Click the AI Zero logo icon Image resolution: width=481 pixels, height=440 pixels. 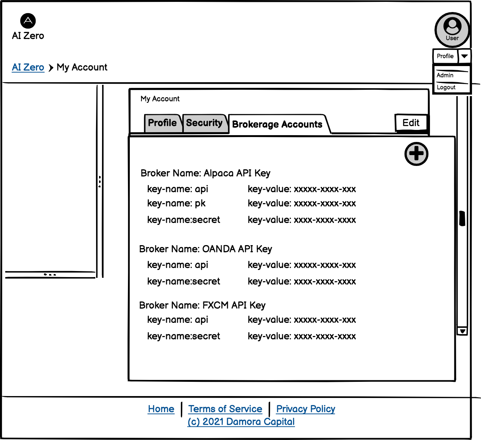pyautogui.click(x=28, y=21)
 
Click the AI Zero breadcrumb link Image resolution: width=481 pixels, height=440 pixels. pyautogui.click(x=28, y=67)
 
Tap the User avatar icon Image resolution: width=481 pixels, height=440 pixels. pyautogui.click(x=452, y=30)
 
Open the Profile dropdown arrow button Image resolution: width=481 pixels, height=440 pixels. pyautogui.click(x=464, y=56)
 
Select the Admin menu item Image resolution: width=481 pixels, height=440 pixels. pyautogui.click(x=445, y=75)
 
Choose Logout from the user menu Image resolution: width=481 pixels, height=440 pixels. pyautogui.click(x=446, y=87)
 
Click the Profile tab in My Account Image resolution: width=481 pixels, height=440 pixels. pyautogui.click(x=162, y=123)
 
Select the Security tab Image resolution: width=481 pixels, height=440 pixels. pyautogui.click(x=204, y=123)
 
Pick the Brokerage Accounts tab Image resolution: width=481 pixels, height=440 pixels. pyautogui.click(x=277, y=124)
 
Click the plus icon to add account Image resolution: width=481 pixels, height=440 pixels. pyautogui.click(x=416, y=154)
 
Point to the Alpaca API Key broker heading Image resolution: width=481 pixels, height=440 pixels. pyautogui.click(x=205, y=173)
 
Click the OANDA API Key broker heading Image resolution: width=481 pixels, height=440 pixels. pyautogui.click(x=205, y=249)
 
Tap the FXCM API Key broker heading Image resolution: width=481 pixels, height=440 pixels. pyautogui.click(x=202, y=305)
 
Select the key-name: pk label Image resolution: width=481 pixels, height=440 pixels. pyautogui.click(x=176, y=203)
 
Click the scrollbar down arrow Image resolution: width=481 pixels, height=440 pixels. pyautogui.click(x=462, y=331)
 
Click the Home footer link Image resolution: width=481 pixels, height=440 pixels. pyautogui.click(x=161, y=409)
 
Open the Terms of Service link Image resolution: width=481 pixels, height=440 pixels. pyautogui.click(x=225, y=409)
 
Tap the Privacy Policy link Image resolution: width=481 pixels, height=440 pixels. pyautogui.click(x=305, y=409)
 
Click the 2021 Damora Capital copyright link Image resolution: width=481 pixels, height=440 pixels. pyautogui.click(x=241, y=422)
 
